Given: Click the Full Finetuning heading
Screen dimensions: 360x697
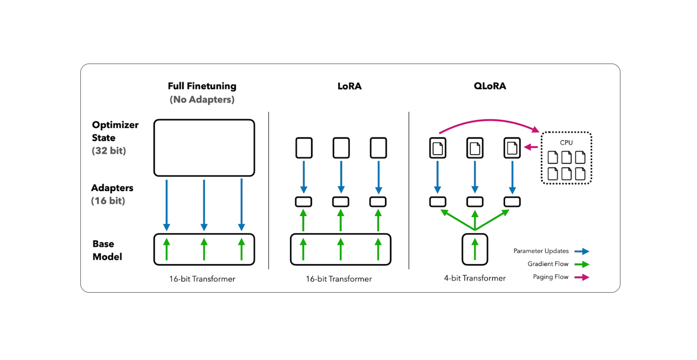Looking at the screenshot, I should (x=202, y=86).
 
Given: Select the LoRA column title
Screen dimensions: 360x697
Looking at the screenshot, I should (x=350, y=86).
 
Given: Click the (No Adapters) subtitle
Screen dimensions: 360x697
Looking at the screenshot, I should (x=202, y=100).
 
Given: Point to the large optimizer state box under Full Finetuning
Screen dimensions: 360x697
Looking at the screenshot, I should (x=204, y=148).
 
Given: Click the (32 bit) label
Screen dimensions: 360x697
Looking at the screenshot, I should (x=109, y=151).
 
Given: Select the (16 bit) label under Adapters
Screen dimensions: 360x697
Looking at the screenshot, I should (x=108, y=201).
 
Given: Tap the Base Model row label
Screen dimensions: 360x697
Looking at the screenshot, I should (x=107, y=250).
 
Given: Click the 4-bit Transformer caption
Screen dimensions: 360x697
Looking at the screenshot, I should (x=474, y=279).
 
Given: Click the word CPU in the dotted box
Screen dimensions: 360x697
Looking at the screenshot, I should (x=566, y=143).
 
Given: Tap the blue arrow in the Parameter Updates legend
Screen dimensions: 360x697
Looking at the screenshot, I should (x=581, y=251).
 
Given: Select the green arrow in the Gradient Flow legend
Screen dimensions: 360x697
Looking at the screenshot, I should (x=581, y=264).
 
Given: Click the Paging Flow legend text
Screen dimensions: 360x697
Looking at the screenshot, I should (x=550, y=277).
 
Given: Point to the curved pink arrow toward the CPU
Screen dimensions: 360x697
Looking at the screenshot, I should (x=489, y=121).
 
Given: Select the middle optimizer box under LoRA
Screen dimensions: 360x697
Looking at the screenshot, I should (x=341, y=148).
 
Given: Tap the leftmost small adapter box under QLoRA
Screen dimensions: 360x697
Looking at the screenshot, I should (x=438, y=202).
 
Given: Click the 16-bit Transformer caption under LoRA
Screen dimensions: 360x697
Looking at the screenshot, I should (x=339, y=279).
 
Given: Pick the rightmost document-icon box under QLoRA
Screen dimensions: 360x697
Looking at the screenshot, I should (x=512, y=148).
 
